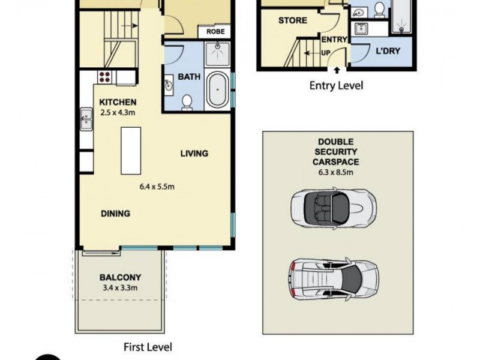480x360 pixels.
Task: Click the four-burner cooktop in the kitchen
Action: [x=105, y=76]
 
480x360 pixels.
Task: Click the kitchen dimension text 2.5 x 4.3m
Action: [x=117, y=112]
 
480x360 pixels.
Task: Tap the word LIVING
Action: [x=194, y=154]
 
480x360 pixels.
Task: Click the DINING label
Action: [x=115, y=213]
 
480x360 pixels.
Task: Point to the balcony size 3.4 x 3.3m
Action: [x=119, y=287]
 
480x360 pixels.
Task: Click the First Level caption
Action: [x=148, y=347]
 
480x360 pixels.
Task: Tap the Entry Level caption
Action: [x=336, y=86]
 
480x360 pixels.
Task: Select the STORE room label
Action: [x=293, y=20]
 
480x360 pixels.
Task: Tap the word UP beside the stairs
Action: [x=327, y=52]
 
